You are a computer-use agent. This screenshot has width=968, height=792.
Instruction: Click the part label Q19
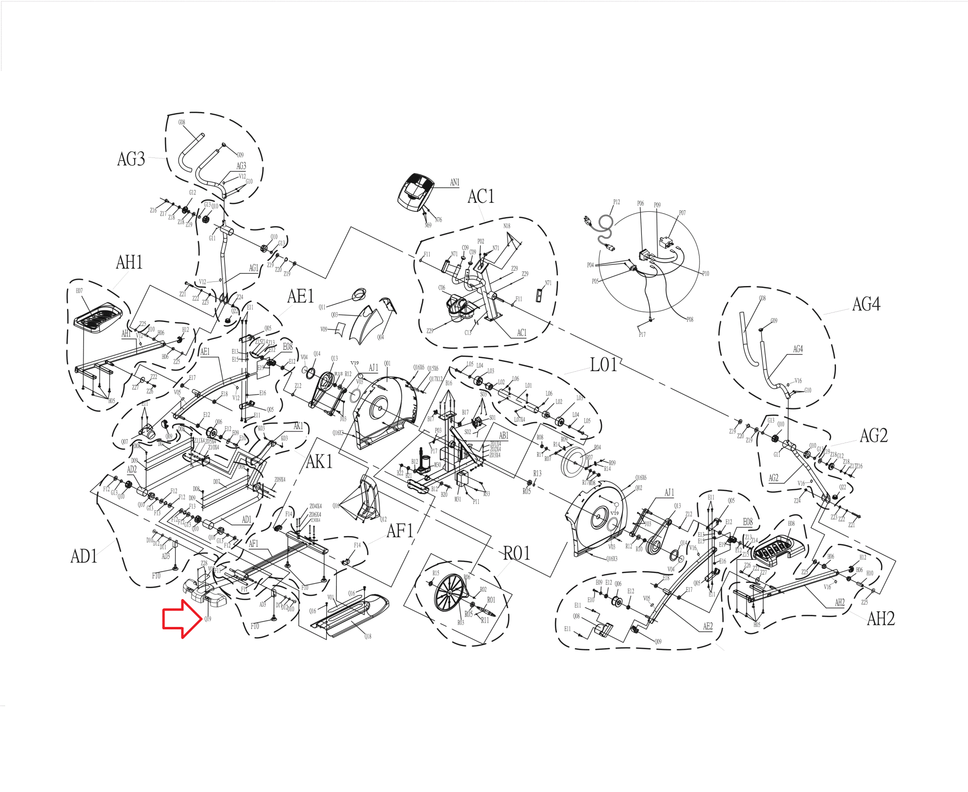pos(207,618)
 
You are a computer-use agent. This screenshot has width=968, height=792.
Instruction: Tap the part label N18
pos(507,226)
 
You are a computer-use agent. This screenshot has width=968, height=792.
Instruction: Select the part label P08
pos(690,320)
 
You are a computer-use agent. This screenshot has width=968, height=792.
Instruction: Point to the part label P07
pos(682,213)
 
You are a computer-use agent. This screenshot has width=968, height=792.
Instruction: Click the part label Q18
pos(368,636)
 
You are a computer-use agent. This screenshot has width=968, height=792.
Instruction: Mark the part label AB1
pos(503,435)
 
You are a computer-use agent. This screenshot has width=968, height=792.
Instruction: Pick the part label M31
pos(458,499)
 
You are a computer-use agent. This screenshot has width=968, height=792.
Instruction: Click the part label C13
pos(468,332)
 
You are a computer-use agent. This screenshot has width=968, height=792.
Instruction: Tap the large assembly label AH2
pos(881,618)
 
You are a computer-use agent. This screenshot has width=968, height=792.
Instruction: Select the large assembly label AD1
pos(84,556)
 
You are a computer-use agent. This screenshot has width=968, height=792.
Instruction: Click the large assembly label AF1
pos(400,531)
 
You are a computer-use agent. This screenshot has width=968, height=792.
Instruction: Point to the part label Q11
pos(322,307)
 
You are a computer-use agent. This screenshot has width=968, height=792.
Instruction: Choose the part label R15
pos(435,573)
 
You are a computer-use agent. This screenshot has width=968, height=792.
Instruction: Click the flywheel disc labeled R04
pos(575,463)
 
